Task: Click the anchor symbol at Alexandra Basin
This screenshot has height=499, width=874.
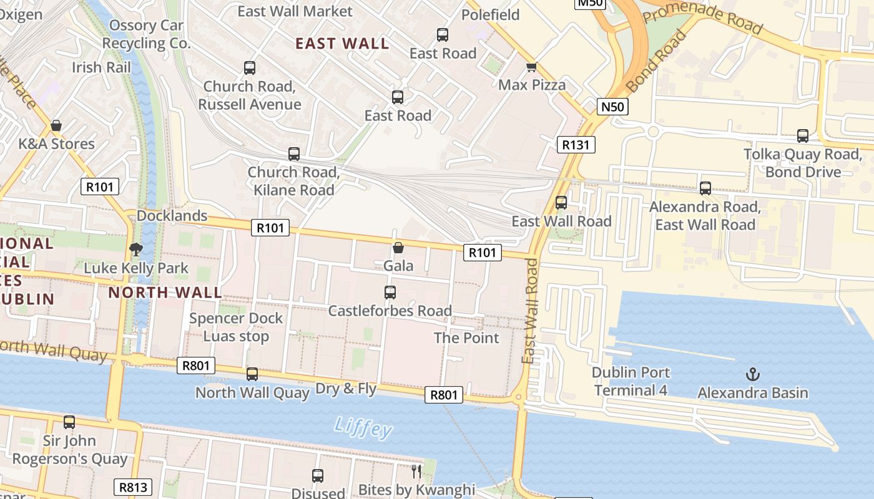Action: coord(753,374)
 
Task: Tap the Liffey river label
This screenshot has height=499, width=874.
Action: coord(363,427)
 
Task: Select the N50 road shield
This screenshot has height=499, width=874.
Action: coord(612,107)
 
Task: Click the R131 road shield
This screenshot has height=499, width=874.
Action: coord(576,145)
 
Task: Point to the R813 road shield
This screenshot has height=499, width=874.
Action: coord(134,487)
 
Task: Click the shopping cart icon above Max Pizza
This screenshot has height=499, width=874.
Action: coord(531,67)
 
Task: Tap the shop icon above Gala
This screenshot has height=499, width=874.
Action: coord(398,248)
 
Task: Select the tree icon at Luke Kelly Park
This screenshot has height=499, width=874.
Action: coord(135,249)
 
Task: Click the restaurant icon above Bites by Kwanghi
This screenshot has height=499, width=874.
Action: coord(416,471)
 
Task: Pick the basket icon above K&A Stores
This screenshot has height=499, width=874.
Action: coord(56,125)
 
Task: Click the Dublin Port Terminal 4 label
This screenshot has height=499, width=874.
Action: coord(631,381)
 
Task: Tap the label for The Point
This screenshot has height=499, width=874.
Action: coord(466,338)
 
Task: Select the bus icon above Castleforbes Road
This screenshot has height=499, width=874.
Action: coord(390,292)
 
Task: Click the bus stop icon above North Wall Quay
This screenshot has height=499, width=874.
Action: coord(252,374)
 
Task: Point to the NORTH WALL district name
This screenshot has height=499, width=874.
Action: coord(165,293)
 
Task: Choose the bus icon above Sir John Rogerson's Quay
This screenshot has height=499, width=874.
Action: coord(69,422)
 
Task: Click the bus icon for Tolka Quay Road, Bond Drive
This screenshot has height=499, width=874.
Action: coord(803,136)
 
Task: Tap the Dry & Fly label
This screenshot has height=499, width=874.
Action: coord(346,389)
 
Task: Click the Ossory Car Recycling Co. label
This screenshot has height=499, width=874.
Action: coord(146,34)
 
